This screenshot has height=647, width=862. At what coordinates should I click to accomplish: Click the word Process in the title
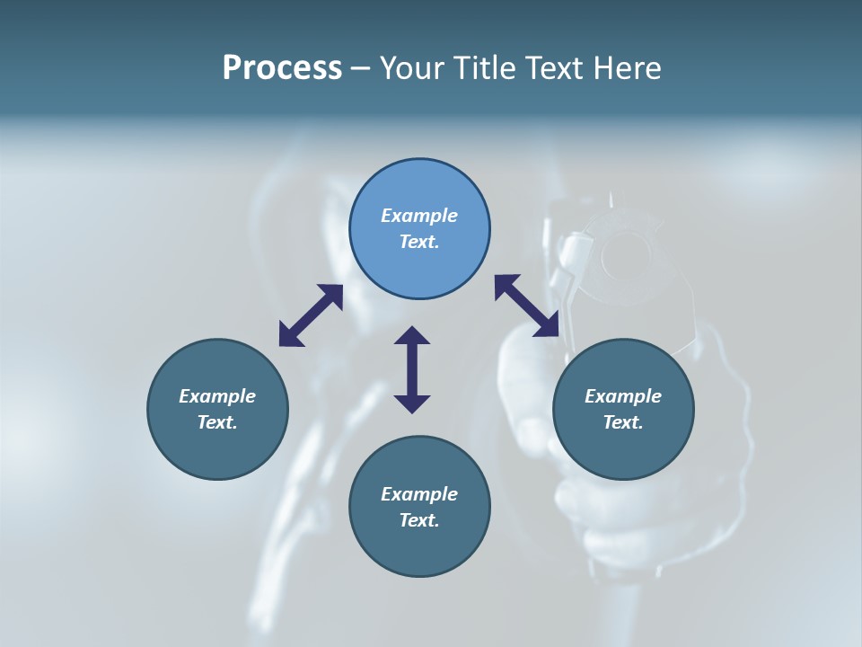point(282,68)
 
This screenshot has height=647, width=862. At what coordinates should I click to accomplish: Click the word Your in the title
point(414,68)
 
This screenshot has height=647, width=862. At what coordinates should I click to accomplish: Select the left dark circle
point(217,449)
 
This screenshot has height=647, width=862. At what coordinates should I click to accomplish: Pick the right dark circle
point(623,449)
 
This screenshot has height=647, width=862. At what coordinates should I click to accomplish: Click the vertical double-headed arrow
point(412,369)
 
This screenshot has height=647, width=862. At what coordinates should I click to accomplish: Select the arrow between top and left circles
point(311,315)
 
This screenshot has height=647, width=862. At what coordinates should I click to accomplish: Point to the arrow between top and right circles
point(526,306)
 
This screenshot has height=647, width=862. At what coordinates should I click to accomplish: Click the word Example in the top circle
point(419,216)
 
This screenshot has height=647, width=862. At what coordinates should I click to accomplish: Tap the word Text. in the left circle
point(217,422)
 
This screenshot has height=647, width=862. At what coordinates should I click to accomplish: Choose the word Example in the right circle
point(623,396)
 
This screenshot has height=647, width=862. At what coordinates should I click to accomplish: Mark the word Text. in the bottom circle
point(419,520)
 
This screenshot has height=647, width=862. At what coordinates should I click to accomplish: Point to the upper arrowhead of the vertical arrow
point(412,336)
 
